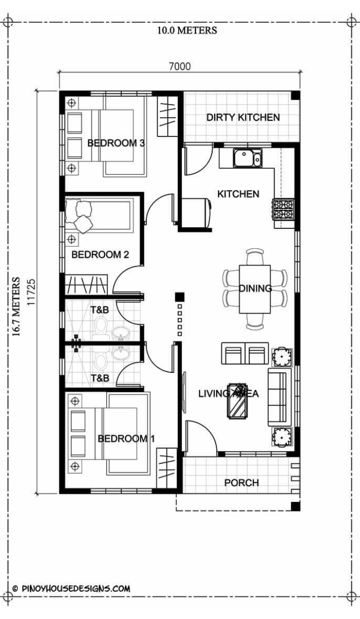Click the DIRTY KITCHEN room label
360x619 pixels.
pos(243,117)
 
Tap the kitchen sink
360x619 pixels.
pos(247,158)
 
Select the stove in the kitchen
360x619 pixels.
pos(284,210)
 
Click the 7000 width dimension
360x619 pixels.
pos(180,66)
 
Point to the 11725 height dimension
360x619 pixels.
pos(31,292)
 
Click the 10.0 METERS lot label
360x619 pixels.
pos(187,30)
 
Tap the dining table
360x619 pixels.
pos(255,289)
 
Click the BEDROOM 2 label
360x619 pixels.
pos(100,255)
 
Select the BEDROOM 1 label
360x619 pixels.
pos(126,438)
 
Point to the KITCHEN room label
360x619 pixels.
pos(238,194)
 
